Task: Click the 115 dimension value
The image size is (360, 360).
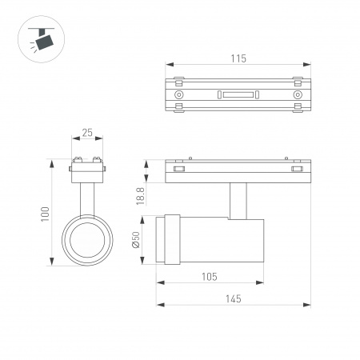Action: click(238, 58)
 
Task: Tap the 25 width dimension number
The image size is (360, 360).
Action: click(87, 132)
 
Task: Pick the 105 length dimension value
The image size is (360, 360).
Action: click(210, 276)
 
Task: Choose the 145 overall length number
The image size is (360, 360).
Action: click(232, 298)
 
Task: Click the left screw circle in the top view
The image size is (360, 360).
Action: click(178, 94)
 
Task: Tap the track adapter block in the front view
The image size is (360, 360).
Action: click(87, 166)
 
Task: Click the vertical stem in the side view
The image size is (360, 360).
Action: click(237, 199)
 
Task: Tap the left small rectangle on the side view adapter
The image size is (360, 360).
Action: click(179, 169)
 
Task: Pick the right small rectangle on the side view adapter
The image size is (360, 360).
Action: click(297, 169)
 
